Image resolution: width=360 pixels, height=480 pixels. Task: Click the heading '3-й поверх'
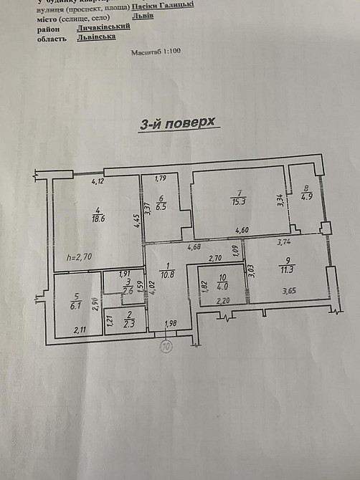pos(177,124)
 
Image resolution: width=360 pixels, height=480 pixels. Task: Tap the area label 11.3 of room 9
pos(289,270)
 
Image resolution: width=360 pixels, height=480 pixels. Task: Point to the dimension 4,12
pos(98,182)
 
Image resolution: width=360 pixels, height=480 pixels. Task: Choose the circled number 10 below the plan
pos(166,347)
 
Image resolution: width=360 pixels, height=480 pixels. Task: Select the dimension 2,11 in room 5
pos(80,330)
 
